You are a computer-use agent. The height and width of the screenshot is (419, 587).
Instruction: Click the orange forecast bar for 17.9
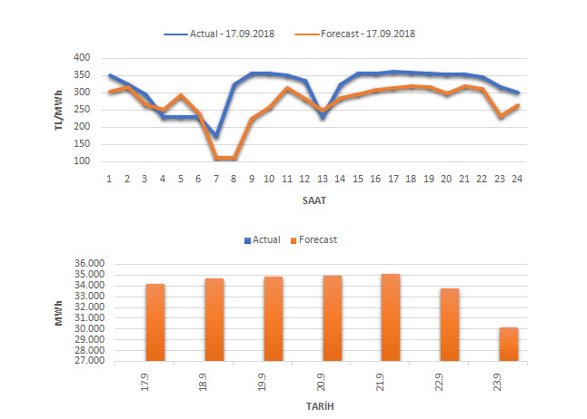point(155,322)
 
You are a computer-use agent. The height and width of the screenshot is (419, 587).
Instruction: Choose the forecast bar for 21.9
point(391,317)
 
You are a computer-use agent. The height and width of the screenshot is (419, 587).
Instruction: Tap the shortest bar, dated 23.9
point(508,344)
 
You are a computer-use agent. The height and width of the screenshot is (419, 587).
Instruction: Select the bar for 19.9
point(273,318)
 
